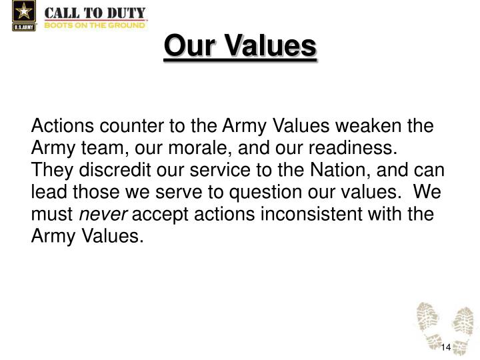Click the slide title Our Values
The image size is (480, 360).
[x=240, y=47]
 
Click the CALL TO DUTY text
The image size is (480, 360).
[x=95, y=11]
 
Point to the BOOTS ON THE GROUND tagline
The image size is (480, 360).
[x=95, y=25]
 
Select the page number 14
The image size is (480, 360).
[x=446, y=349]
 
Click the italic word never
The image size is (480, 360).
[x=99, y=214]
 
